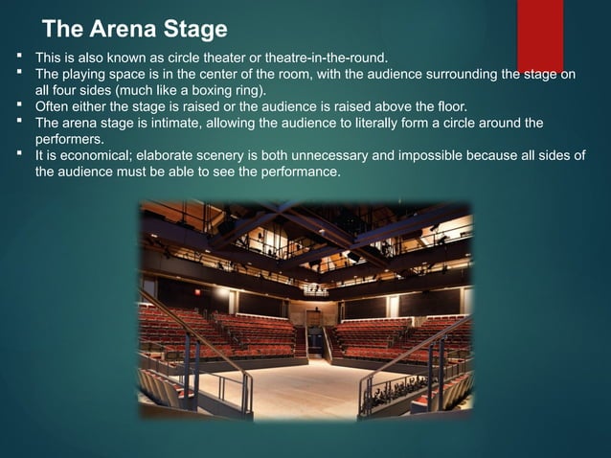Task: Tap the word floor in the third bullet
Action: point(451,106)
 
